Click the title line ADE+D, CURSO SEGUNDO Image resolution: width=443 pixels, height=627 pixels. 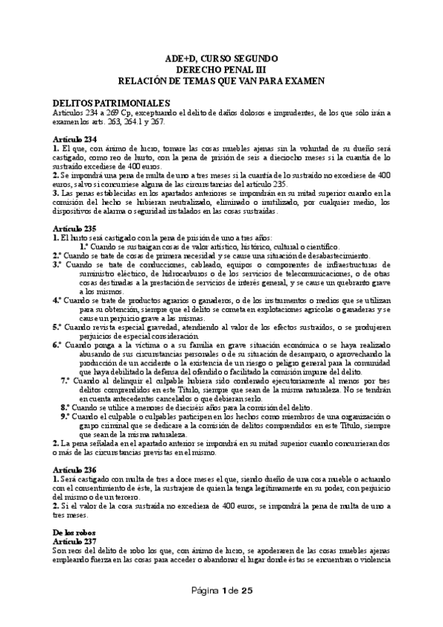(221, 57)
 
